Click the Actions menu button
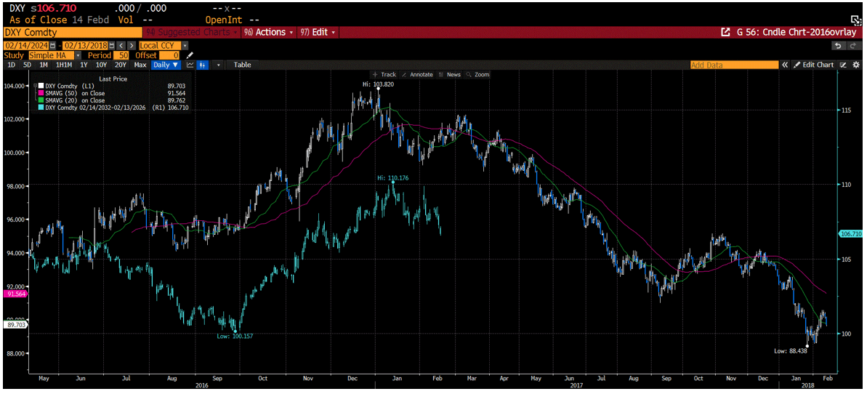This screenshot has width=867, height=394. click(270, 33)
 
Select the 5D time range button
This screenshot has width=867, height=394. click(26, 65)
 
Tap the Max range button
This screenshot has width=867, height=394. click(140, 65)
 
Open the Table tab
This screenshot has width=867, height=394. click(242, 65)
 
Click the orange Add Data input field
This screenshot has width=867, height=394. click(733, 65)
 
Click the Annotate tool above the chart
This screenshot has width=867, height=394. click(420, 74)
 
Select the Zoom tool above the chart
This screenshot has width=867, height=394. click(479, 74)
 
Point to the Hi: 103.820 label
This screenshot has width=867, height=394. click(378, 84)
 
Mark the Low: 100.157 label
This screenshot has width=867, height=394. click(233, 336)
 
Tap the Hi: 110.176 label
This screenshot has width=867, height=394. click(392, 177)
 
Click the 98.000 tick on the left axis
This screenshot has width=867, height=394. click(15, 186)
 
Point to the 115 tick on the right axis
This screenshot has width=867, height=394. click(845, 110)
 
